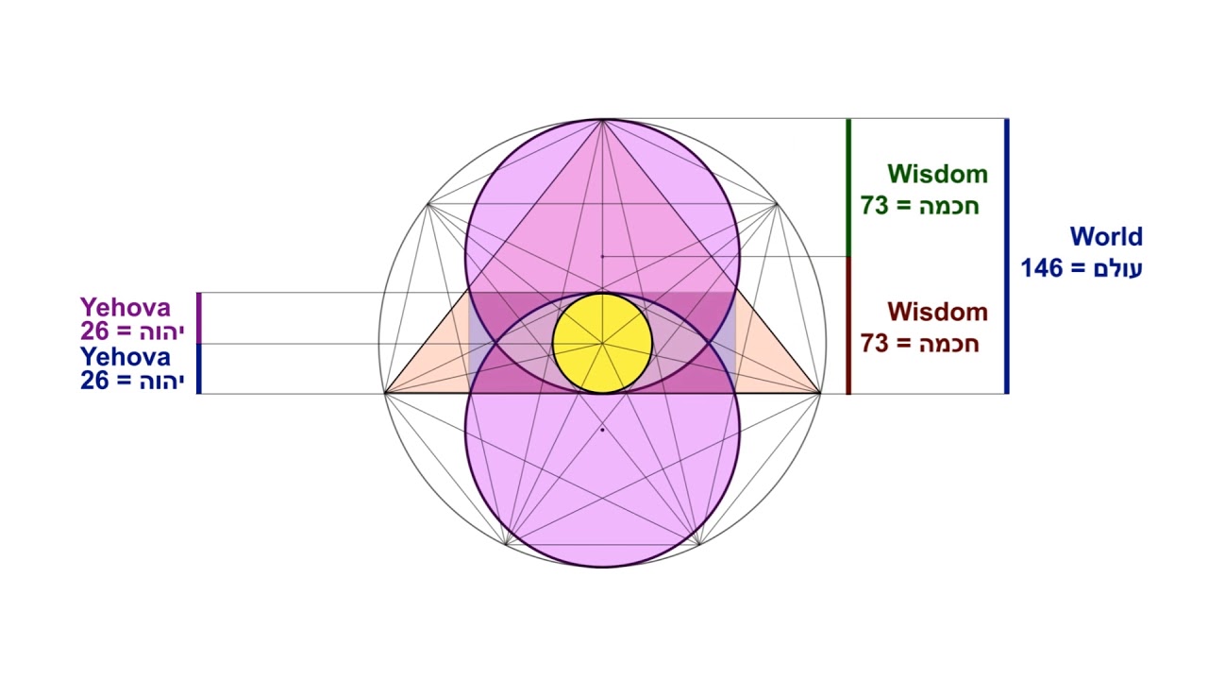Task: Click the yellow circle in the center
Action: (x=602, y=343)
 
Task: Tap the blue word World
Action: (x=1106, y=236)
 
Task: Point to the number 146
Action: (x=1041, y=268)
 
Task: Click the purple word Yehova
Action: (x=126, y=307)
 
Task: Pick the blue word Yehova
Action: (x=126, y=357)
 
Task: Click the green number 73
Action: (x=875, y=205)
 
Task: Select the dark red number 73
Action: (x=875, y=343)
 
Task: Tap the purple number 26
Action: (x=94, y=331)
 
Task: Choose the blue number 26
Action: (x=94, y=382)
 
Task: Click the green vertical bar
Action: (x=848, y=187)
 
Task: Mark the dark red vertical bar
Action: (x=848, y=325)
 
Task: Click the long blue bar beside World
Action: (x=1007, y=255)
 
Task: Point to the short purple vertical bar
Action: (x=199, y=318)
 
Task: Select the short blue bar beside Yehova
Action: (x=199, y=368)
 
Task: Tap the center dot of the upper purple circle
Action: (x=602, y=256)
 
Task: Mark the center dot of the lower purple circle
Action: (x=602, y=430)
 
